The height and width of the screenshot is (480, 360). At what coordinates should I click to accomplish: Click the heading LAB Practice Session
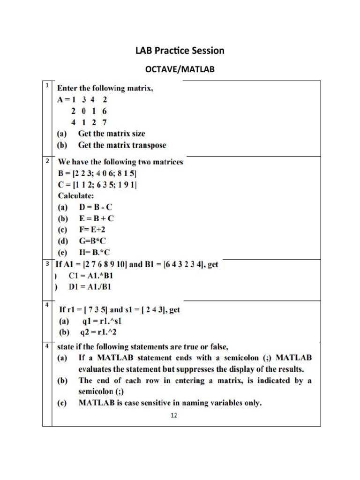tap(180, 50)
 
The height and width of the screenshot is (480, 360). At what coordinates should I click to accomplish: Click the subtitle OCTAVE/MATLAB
tap(180, 70)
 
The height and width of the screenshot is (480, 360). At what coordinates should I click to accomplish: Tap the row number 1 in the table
tap(47, 85)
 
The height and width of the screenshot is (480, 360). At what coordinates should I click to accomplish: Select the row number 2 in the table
tap(47, 161)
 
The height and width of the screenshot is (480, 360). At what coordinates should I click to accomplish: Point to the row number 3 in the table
tap(47, 264)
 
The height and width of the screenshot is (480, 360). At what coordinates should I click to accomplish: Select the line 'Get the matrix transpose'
tap(122, 145)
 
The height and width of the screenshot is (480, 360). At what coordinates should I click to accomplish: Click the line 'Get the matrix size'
tap(112, 134)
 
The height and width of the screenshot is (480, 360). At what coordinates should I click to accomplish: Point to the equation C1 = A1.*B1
tap(91, 276)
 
